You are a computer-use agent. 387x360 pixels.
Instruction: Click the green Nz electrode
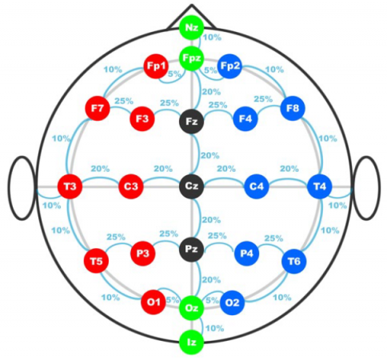191,27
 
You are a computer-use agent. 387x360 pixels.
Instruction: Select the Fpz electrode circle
191,58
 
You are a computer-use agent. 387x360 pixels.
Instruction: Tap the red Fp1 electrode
156,66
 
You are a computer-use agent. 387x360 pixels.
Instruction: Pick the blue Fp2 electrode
229,66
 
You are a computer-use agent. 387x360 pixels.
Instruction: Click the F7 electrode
98,108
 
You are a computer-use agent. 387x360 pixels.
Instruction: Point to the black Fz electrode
191,122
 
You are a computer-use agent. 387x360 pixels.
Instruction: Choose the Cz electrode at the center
191,186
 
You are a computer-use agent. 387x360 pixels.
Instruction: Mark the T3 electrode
70,186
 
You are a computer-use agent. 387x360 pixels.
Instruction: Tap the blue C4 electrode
257,186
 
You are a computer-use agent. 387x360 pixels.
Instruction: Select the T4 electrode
320,186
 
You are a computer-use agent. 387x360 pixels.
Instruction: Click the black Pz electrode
191,249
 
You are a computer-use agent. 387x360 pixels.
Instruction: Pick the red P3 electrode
143,254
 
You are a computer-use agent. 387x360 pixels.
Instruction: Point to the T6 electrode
294,261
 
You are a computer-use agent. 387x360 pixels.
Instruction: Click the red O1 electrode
154,302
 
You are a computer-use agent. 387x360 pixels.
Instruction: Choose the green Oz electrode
191,308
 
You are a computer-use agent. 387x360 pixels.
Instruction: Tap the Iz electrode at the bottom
191,342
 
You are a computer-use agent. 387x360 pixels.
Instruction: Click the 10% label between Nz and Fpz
212,38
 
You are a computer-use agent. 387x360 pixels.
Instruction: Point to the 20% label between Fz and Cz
210,155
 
